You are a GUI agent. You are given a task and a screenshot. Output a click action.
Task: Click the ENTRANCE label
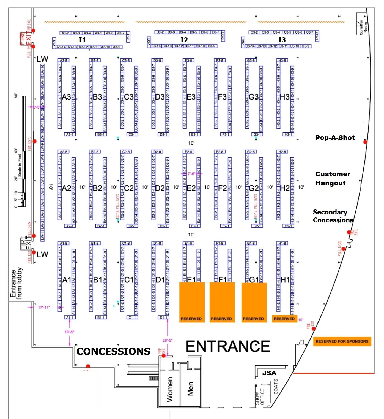point(228,346)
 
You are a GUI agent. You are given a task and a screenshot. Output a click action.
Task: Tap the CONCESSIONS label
point(113,351)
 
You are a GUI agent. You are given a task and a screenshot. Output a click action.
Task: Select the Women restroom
point(170,389)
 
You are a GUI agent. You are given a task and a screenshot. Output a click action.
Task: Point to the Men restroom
point(190,388)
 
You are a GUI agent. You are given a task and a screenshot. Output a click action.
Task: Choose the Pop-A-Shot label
point(335,138)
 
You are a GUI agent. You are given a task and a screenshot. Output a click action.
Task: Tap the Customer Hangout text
point(333,178)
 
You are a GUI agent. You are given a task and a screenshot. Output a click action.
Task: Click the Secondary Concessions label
point(333,216)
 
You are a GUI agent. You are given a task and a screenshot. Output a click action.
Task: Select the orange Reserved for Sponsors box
point(342,341)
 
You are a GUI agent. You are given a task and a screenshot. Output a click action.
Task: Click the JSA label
point(269,373)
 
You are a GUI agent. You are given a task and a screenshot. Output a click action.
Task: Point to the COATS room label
point(276,387)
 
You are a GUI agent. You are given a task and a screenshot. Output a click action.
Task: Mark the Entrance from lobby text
point(16,283)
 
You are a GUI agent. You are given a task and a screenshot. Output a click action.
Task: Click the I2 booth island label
point(184,40)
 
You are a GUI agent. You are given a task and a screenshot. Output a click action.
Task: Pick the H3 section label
point(284,97)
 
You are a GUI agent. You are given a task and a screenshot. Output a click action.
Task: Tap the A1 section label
point(67,280)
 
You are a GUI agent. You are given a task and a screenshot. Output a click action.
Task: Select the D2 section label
point(160,188)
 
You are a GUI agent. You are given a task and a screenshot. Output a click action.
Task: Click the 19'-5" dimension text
point(69,332)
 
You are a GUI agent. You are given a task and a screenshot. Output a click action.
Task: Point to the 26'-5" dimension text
point(168,340)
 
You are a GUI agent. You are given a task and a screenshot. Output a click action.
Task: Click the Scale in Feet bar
point(24,151)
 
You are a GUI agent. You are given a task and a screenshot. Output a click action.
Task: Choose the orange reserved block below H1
point(284,319)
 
